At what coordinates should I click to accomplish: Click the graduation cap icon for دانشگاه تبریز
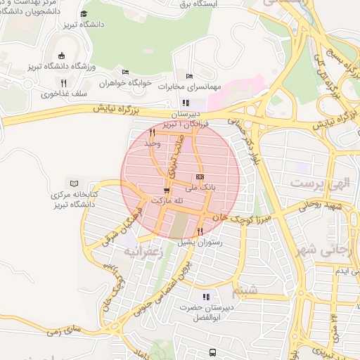(x=84, y=13)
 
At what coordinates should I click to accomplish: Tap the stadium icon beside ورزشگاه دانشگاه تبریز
(x=61, y=56)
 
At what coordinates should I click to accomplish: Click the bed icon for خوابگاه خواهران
(x=125, y=72)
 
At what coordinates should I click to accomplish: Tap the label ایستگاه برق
(x=205, y=4)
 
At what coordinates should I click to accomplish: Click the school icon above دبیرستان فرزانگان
(x=186, y=103)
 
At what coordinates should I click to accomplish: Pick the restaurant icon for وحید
(x=152, y=131)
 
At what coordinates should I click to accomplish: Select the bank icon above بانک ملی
(x=200, y=176)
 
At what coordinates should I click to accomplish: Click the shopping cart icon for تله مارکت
(x=166, y=190)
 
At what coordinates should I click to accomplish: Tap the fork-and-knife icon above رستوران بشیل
(x=200, y=231)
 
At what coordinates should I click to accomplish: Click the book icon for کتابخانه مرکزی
(x=74, y=182)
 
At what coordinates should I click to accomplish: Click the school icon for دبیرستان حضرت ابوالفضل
(x=206, y=297)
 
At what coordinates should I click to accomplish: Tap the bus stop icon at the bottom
(x=212, y=352)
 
